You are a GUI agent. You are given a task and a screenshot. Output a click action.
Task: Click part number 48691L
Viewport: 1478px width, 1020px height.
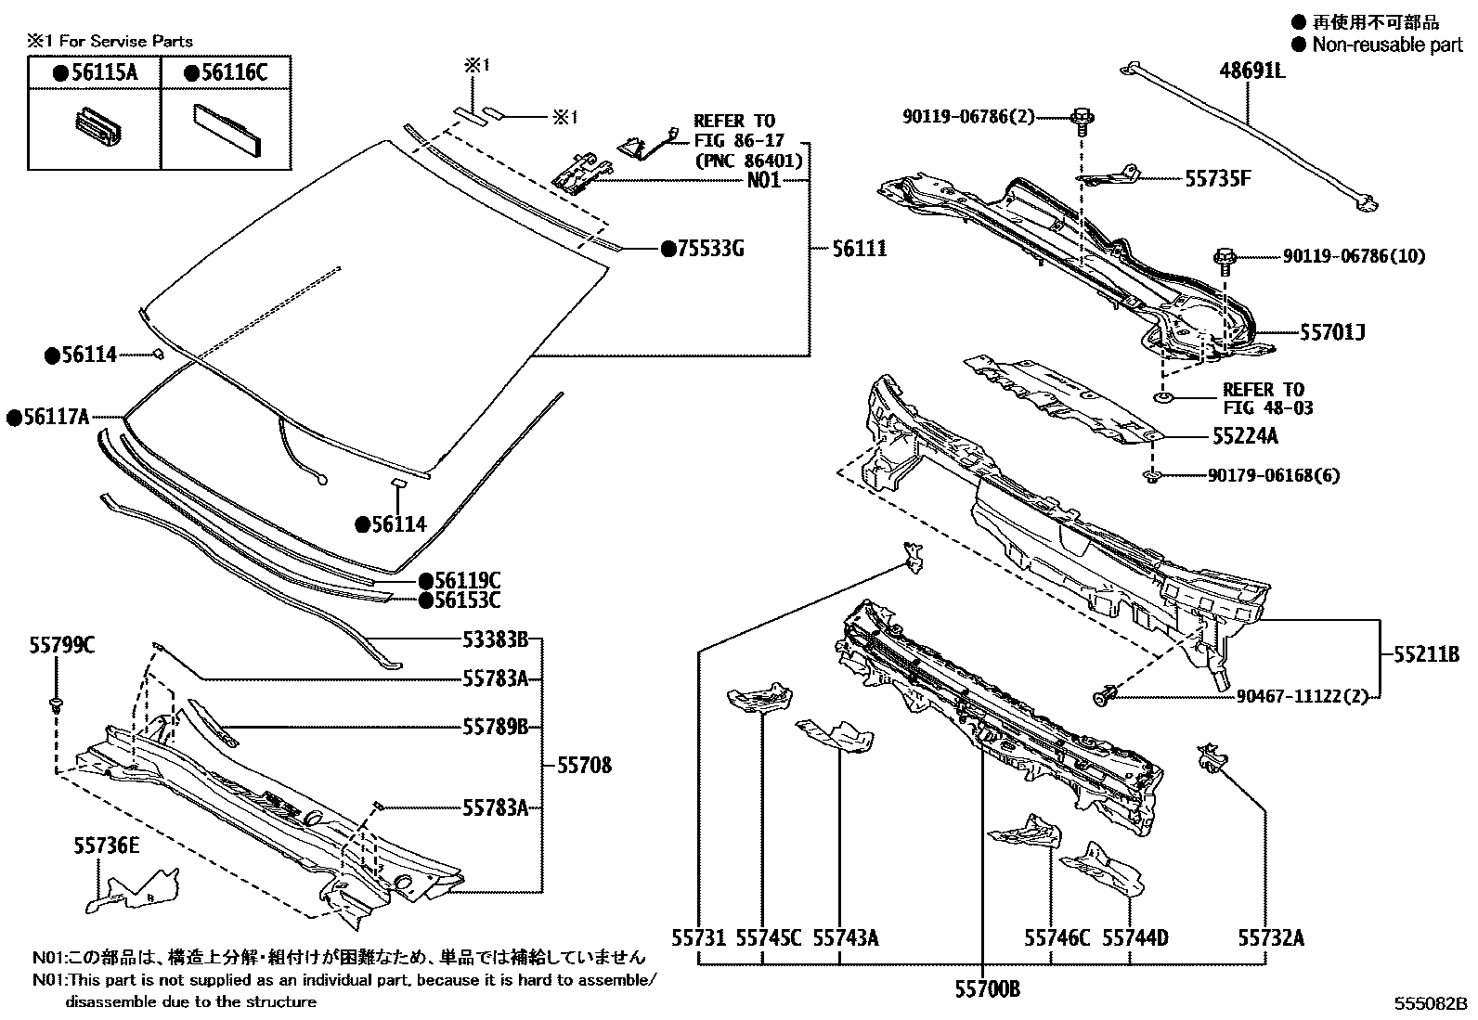click(x=1251, y=70)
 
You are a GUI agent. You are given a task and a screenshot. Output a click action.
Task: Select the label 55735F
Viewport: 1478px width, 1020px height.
click(x=1217, y=178)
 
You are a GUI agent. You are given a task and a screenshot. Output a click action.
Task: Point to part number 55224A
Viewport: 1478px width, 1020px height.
click(x=1244, y=435)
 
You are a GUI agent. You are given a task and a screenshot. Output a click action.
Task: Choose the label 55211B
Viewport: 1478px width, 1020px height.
click(x=1426, y=653)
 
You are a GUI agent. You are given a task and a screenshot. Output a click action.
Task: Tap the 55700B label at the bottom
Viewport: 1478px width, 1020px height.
click(x=987, y=989)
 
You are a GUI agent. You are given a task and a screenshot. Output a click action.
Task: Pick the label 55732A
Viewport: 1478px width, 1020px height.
click(x=1270, y=938)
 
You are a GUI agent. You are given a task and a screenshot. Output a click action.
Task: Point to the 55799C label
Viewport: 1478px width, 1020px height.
click(x=60, y=645)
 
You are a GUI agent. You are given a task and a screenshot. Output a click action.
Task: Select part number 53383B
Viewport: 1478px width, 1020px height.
click(x=495, y=639)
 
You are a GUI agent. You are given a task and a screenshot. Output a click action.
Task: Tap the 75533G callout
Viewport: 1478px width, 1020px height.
click(x=710, y=249)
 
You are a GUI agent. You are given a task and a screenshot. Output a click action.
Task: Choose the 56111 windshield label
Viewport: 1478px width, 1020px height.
click(x=859, y=249)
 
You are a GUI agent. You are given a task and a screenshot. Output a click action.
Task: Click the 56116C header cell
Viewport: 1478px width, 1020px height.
click(x=226, y=72)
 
